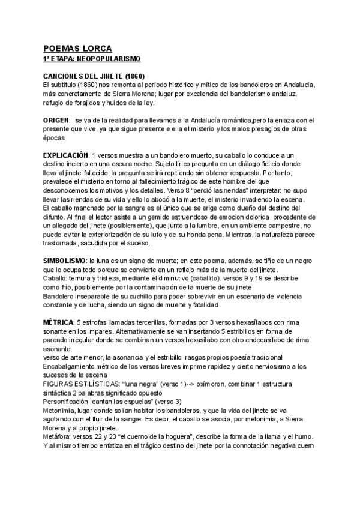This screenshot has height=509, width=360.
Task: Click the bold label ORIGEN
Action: coord(56,121)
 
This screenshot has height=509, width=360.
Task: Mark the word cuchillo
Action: coord(152,296)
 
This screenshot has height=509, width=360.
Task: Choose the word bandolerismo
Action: coord(245,94)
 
